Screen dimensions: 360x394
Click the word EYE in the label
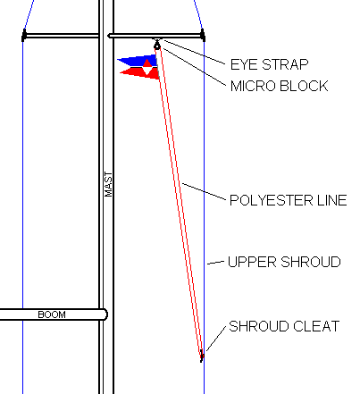[241, 64]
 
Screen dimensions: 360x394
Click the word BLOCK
[304, 86]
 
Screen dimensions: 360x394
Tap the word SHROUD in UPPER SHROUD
[310, 262]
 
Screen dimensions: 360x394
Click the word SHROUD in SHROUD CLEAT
[259, 326]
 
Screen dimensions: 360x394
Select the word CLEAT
[316, 326]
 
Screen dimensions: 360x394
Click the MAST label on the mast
[109, 184]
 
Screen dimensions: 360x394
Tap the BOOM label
[52, 314]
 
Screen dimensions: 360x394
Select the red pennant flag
[141, 72]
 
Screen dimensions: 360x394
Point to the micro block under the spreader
[157, 46]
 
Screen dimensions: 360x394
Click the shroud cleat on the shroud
[202, 356]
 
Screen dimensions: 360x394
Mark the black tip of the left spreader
[24, 36]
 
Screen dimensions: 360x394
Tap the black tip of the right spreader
[203, 36]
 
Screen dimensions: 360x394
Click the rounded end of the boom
[105, 314]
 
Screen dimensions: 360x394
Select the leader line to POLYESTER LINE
[204, 191]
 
